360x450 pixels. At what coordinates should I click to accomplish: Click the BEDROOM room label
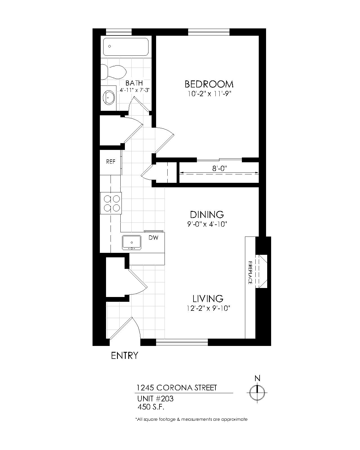point(209,84)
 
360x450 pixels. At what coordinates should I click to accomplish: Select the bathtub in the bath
point(126,47)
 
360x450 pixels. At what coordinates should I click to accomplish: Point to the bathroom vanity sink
point(109,97)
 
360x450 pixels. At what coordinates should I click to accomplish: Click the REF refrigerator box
point(111,162)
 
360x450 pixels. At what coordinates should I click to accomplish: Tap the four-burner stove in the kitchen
point(111,203)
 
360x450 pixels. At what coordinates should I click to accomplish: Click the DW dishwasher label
point(154,238)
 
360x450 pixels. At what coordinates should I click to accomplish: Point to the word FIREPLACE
point(250,273)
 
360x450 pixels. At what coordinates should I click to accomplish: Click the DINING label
point(207,215)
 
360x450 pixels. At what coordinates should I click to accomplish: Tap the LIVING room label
point(208,298)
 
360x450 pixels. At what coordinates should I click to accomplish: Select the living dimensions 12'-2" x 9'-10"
point(208,309)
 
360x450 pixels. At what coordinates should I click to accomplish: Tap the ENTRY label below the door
point(125,355)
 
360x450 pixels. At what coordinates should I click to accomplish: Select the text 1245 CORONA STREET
point(177,388)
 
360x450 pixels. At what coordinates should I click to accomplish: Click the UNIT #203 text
point(155,399)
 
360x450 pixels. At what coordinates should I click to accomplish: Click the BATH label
point(134,83)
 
